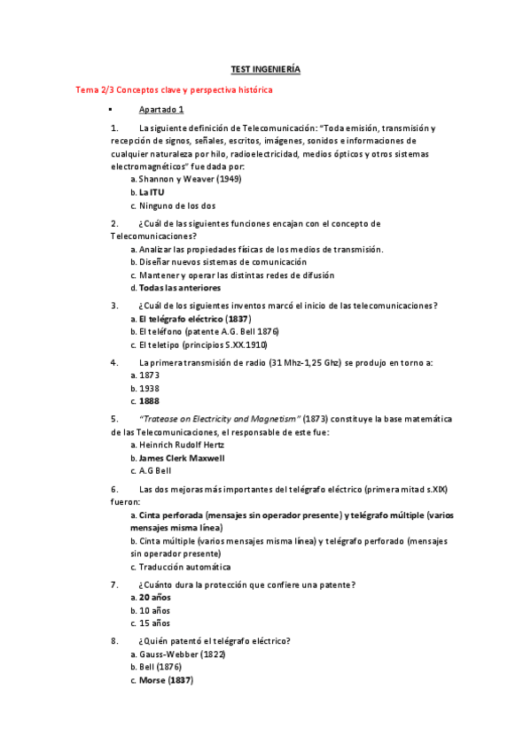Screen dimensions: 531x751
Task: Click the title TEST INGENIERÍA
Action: [x=265, y=69]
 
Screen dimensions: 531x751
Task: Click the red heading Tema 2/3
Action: [x=175, y=90]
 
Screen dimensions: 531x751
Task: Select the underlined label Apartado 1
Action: [x=161, y=110]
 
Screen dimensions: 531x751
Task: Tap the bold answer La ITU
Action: [x=152, y=192]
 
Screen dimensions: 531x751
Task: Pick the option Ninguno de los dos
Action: [x=179, y=205]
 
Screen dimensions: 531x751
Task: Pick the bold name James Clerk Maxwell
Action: [x=182, y=459]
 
